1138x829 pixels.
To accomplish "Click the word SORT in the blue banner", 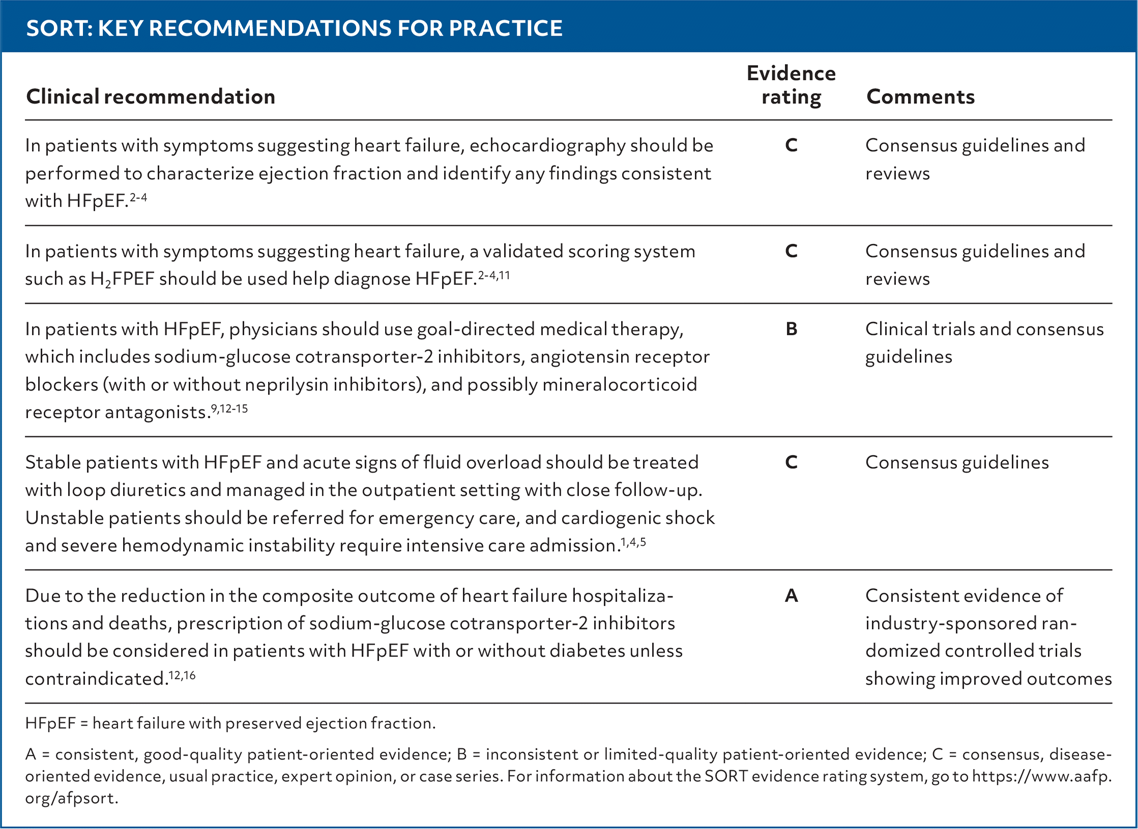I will click(x=57, y=28).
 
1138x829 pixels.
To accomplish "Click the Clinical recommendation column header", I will click(x=151, y=97).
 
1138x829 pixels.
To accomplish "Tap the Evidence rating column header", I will click(x=791, y=85).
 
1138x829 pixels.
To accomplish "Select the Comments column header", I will click(x=920, y=97).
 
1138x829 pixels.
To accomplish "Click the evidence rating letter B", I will click(x=791, y=329).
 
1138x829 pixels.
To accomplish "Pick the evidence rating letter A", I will click(x=791, y=595).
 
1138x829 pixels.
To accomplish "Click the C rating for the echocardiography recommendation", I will click(x=791, y=146).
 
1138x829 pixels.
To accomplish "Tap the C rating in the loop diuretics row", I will click(x=791, y=462).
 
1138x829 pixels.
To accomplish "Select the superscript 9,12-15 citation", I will click(x=229, y=409).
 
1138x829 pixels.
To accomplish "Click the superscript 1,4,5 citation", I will click(x=633, y=542).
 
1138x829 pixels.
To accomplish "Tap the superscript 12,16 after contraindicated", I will click(x=182, y=676).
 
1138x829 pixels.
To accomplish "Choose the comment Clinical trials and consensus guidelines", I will click(x=984, y=343).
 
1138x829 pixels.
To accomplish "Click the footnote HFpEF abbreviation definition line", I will click(x=230, y=723).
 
